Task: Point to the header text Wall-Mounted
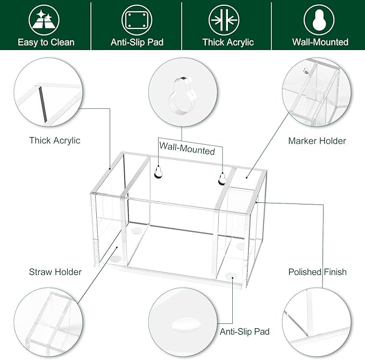coord(319,42)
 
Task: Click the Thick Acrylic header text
coord(228,42)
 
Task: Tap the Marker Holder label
coord(317,141)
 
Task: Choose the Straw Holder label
coord(55,272)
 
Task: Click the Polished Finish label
coord(317,272)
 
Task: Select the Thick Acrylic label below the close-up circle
coord(55,140)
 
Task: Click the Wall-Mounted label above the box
coord(187,151)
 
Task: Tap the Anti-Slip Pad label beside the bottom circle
coord(245,331)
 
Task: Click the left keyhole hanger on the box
coord(158,172)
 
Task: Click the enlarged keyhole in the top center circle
coord(182,95)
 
